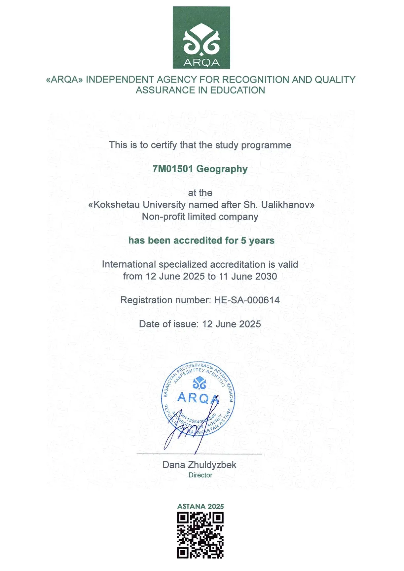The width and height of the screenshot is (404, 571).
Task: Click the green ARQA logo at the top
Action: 201,37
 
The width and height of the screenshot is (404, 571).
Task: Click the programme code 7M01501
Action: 172,169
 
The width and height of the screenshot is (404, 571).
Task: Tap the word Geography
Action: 222,169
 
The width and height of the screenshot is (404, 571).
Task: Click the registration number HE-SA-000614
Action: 247,300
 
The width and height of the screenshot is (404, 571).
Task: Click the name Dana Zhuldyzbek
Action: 199,465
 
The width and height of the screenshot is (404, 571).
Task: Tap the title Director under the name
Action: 200,475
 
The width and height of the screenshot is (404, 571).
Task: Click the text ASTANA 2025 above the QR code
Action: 200,506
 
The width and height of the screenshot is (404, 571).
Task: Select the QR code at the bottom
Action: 200,535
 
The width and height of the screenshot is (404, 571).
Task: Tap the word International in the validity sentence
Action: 129,264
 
